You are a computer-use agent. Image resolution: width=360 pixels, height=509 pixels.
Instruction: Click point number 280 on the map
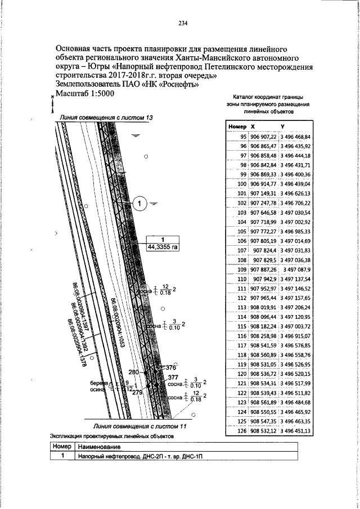point(133,373)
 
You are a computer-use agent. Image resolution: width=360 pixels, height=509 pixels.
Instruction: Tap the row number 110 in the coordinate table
point(242,279)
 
